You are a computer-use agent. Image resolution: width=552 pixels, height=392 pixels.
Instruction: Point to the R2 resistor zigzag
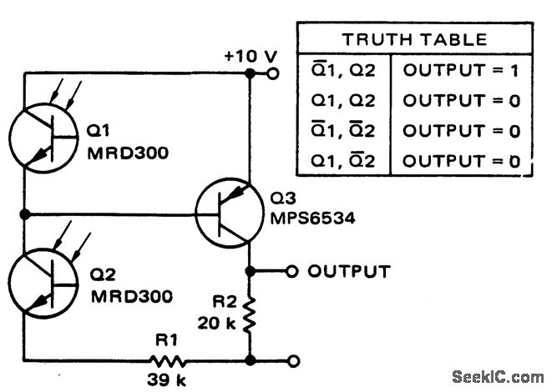pos(251,314)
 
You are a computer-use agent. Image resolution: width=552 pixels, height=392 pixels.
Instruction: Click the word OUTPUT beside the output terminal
pos(348,271)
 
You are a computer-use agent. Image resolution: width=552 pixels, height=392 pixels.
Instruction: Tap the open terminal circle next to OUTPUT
pos(291,271)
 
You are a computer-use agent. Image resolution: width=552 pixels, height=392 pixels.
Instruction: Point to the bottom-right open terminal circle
pos(291,361)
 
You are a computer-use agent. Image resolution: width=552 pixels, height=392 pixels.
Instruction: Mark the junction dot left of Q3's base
pos(25,214)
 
